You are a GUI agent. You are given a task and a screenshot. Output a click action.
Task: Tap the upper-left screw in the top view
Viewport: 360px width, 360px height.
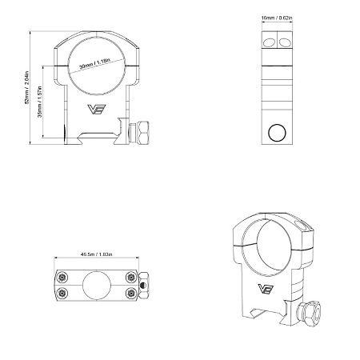pyautogui.click(x=62, y=276)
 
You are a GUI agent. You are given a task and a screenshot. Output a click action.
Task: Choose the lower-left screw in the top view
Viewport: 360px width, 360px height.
pyautogui.click(x=62, y=291)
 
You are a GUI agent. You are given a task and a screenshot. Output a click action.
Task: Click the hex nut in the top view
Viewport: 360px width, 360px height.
pyautogui.click(x=143, y=284)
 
